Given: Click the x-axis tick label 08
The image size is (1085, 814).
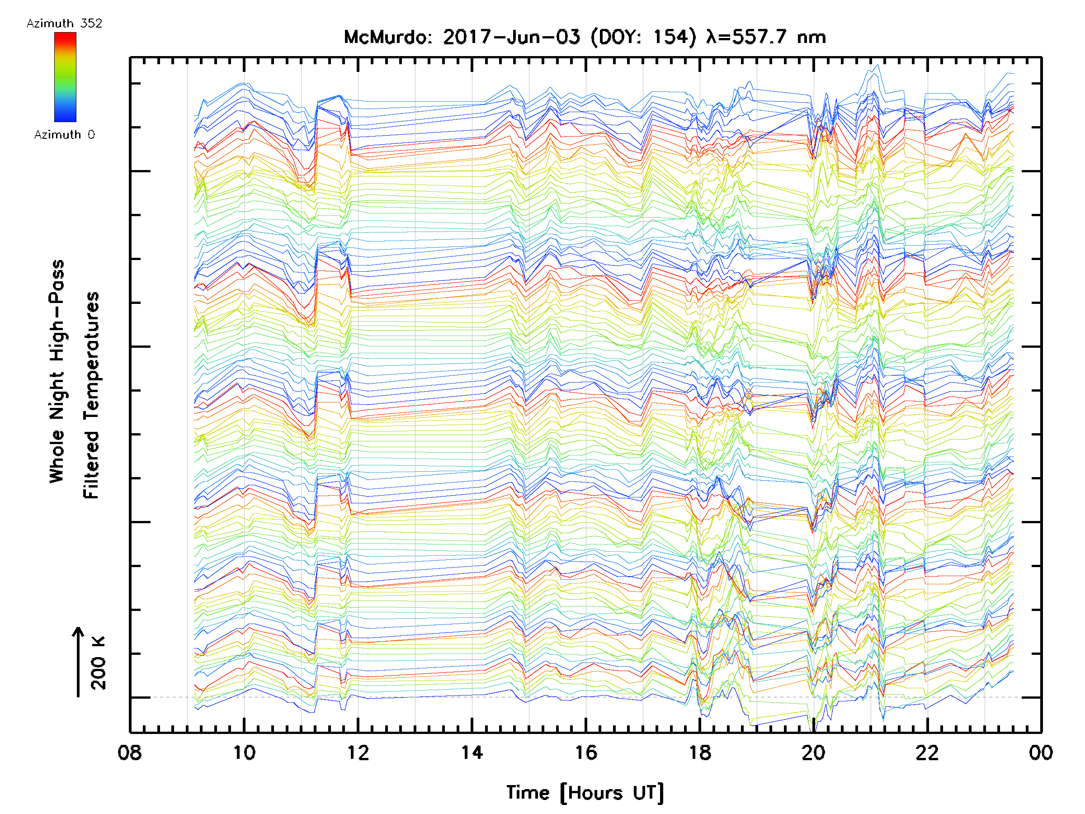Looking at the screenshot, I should [x=130, y=752].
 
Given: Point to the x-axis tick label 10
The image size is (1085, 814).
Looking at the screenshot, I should [x=244, y=752].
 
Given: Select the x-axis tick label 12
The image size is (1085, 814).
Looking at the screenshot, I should [x=358, y=752].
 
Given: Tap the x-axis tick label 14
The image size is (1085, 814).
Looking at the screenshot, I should [x=472, y=752].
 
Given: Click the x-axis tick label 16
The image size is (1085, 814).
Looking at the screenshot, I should [x=585, y=752].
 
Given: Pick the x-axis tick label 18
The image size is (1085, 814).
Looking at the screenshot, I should [x=699, y=752].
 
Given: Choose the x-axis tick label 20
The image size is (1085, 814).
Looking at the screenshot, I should [x=813, y=752].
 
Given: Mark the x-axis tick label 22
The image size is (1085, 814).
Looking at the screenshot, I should [x=927, y=752].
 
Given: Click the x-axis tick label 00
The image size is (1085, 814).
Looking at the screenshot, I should [x=1041, y=752].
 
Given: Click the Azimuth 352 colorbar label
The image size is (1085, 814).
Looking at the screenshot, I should [x=64, y=24].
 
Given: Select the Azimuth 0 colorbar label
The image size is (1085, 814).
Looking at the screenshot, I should [x=64, y=134].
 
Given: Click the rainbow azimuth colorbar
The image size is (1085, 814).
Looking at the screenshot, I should [x=65, y=77].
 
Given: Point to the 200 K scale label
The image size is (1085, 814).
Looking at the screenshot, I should [x=98, y=663].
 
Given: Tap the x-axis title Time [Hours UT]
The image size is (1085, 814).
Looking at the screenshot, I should [x=585, y=793].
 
